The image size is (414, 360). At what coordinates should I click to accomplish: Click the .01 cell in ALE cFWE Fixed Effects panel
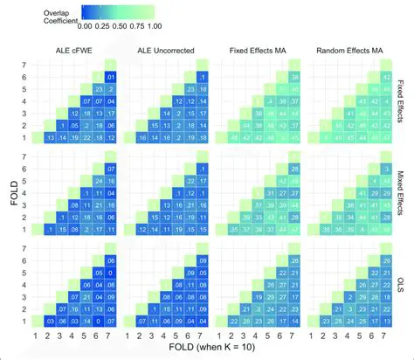pos(111,77)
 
